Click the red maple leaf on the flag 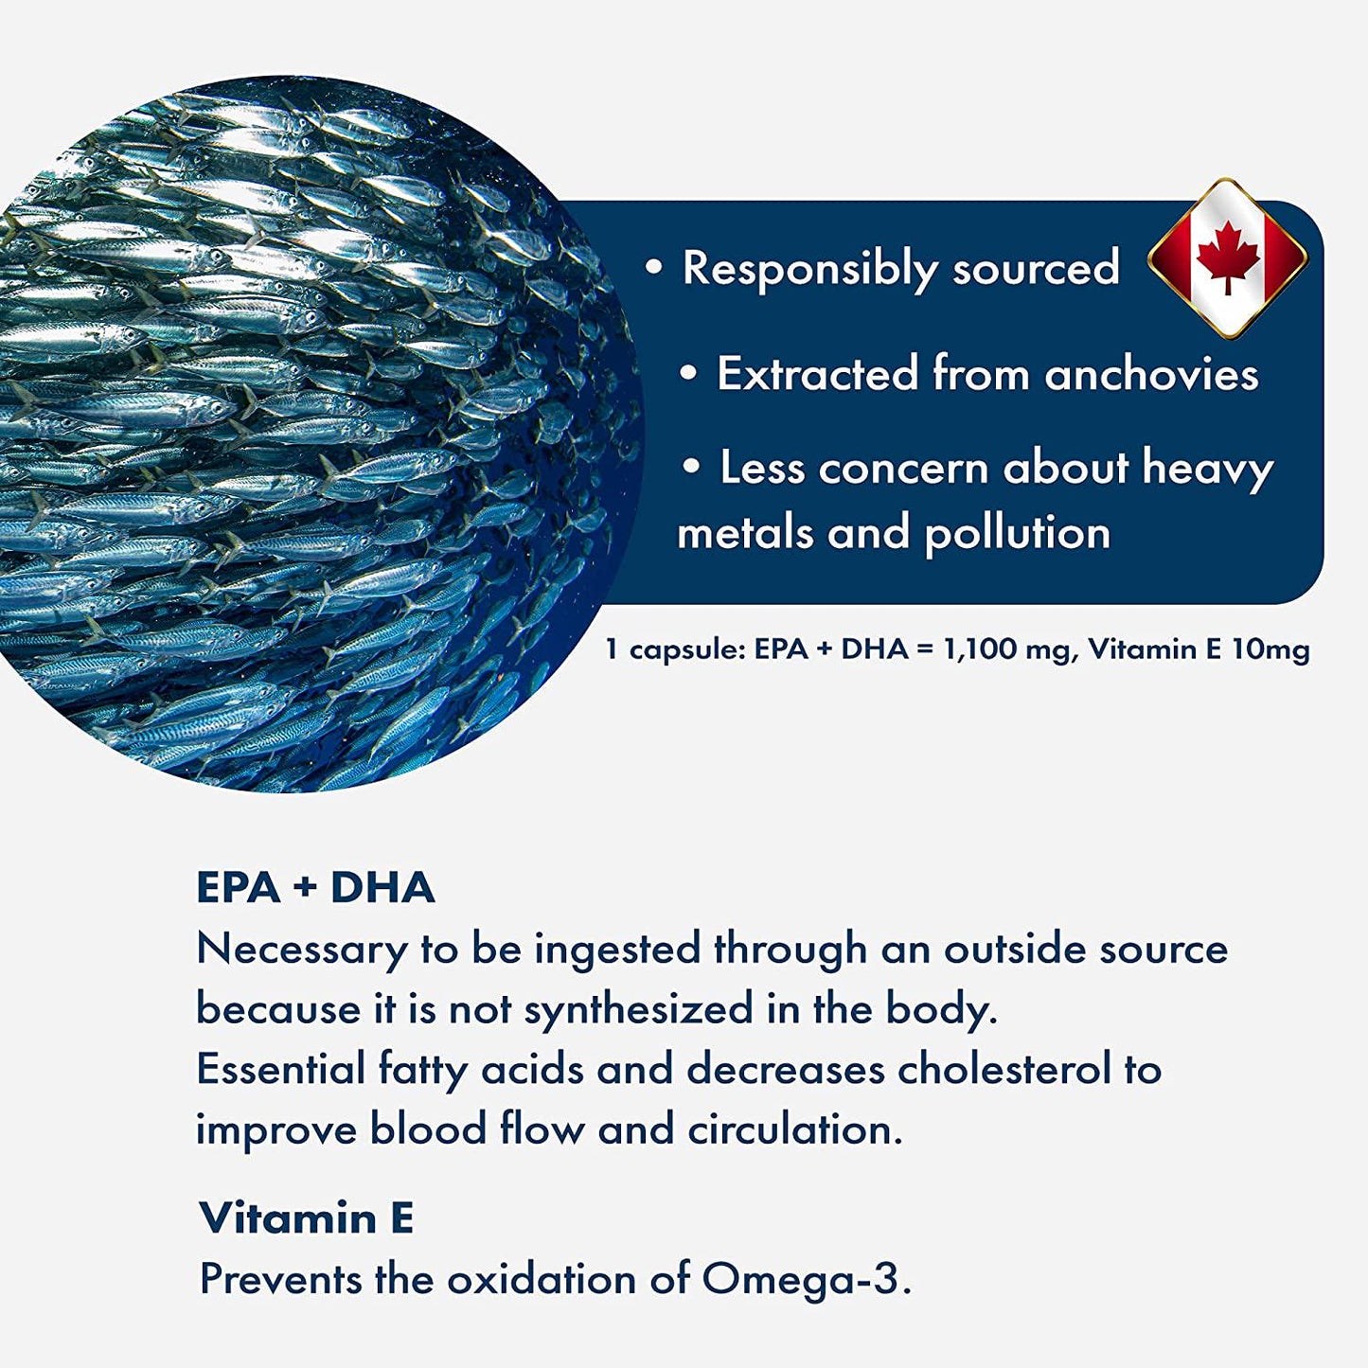pyautogui.click(x=1228, y=257)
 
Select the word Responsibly pyautogui.click(x=809, y=269)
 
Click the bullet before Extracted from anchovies pyautogui.click(x=690, y=374)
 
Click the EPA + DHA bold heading pyautogui.click(x=315, y=888)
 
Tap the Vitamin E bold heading pyautogui.click(x=307, y=1217)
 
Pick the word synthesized pyautogui.click(x=638, y=1010)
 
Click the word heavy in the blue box pyautogui.click(x=1207, y=469)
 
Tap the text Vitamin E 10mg pyautogui.click(x=1199, y=650)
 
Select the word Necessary pyautogui.click(x=301, y=950)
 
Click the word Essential pyautogui.click(x=280, y=1070)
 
